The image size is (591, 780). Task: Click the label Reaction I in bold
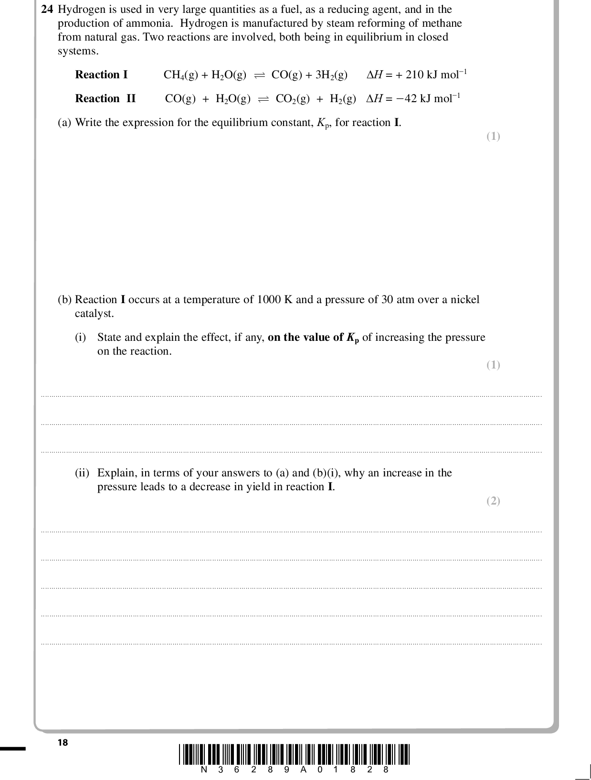pos(101,74)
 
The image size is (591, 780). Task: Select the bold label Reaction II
pos(105,98)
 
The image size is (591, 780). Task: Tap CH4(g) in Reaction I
pos(180,75)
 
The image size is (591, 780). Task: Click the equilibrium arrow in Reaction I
pos(259,75)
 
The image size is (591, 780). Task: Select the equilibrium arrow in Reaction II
pos(263,99)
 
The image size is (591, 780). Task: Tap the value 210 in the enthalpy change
pos(415,74)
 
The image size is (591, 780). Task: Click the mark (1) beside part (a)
pos(493,137)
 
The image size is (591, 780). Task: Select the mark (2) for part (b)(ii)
pos(493,501)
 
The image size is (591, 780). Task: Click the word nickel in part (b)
pos(464,299)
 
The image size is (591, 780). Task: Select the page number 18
pos(63,742)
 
